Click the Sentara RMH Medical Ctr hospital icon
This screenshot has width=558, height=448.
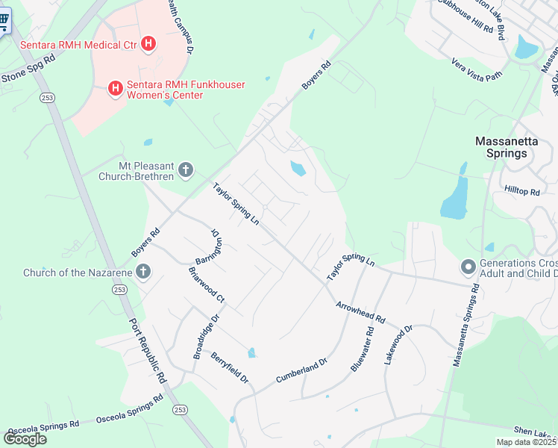(x=148, y=45)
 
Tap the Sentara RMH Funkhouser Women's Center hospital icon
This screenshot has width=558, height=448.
(x=116, y=90)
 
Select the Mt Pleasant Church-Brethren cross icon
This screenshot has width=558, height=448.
(x=186, y=170)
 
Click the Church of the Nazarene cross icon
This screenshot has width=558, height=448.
(x=143, y=272)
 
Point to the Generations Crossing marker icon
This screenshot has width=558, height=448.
(x=468, y=267)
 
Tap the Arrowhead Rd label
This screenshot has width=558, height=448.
(x=360, y=312)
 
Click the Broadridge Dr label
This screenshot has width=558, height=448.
(x=207, y=337)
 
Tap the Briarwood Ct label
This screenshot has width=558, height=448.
(x=207, y=284)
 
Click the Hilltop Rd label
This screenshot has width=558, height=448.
(x=521, y=192)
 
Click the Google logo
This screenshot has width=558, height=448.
(x=25, y=438)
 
